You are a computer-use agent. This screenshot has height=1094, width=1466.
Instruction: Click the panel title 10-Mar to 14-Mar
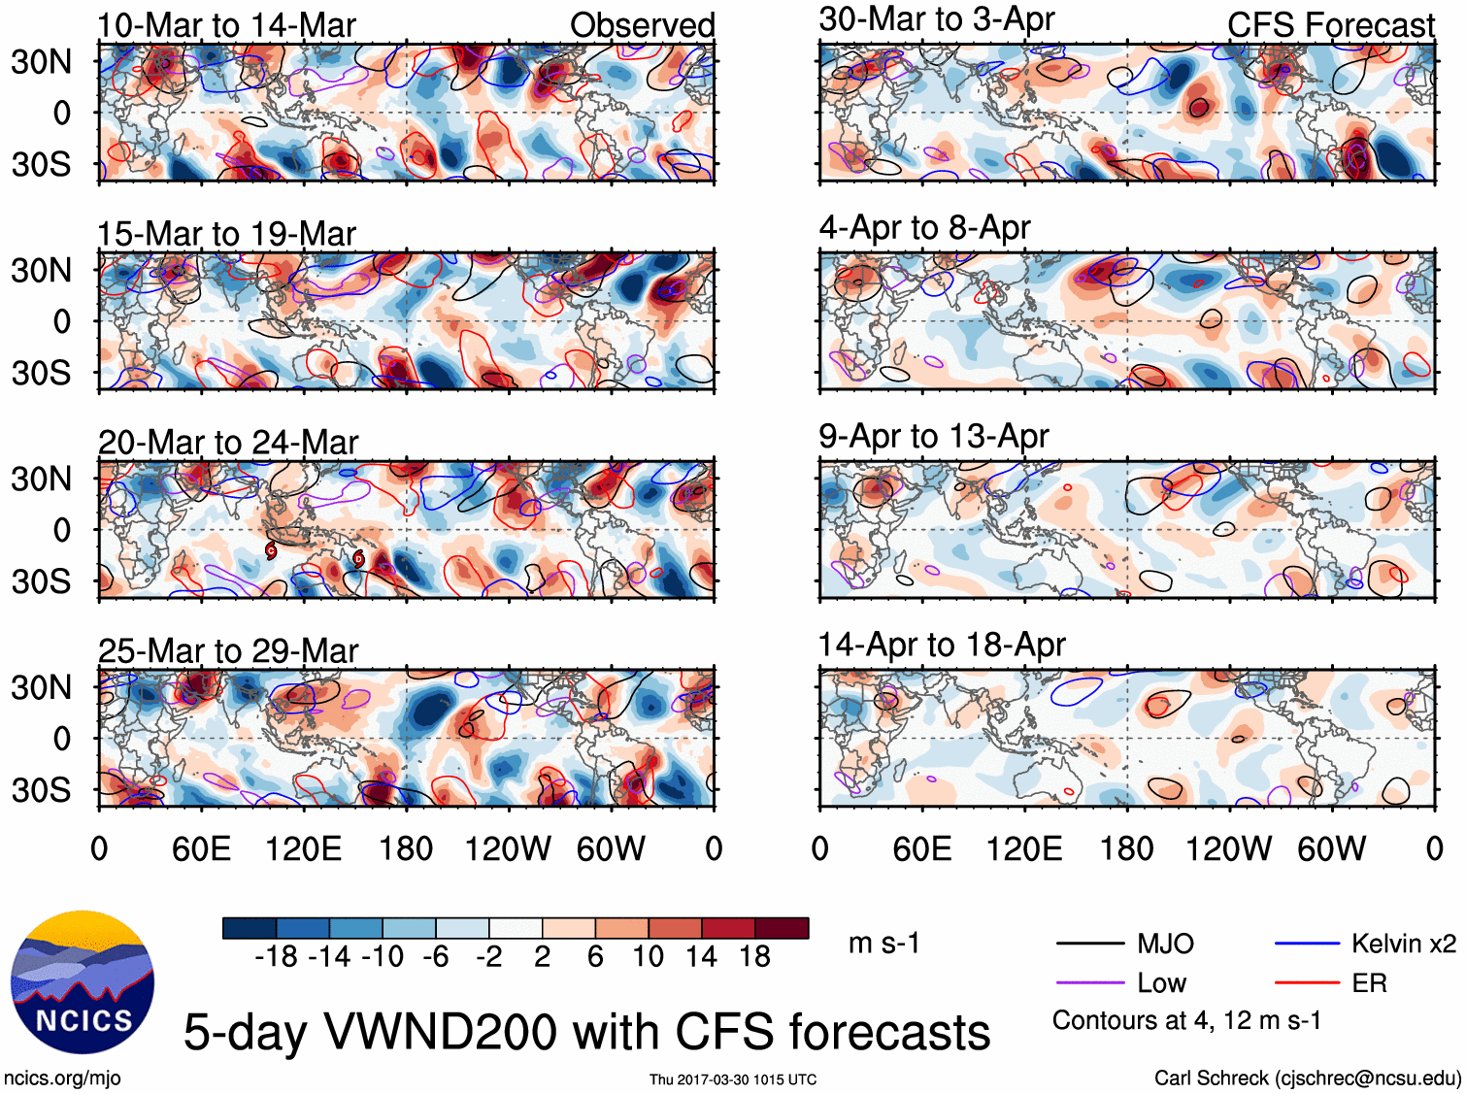[226, 25]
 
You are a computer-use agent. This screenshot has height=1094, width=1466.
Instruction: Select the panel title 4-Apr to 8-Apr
[924, 228]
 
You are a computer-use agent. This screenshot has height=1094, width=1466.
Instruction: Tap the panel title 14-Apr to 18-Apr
[942, 646]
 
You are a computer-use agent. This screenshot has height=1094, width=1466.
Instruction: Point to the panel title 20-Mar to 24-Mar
[228, 443]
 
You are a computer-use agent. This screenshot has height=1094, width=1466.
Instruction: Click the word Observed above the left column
[642, 25]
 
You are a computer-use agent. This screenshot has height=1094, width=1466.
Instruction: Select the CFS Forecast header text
[1330, 25]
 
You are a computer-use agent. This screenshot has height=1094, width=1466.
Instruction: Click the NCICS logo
[82, 982]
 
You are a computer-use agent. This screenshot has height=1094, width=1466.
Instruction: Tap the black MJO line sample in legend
[1089, 943]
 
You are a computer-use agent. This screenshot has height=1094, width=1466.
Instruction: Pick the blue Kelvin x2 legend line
[1307, 943]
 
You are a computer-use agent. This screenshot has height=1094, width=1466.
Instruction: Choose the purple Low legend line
[1089, 983]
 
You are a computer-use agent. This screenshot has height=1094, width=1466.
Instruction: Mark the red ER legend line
[1307, 983]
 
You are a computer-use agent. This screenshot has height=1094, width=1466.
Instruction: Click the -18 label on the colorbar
[277, 957]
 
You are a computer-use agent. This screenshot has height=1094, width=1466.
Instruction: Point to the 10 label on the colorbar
[648, 957]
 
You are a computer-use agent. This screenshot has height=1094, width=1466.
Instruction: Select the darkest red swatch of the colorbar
[782, 928]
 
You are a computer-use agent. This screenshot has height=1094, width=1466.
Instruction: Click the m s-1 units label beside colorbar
[883, 944]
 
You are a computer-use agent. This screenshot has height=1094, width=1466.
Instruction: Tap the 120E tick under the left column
[303, 849]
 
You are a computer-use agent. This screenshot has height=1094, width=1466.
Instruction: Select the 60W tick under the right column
[1331, 849]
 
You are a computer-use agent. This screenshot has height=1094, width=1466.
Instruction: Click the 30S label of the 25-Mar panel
[41, 790]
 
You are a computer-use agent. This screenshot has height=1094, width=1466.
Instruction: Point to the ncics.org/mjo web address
[62, 1078]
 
